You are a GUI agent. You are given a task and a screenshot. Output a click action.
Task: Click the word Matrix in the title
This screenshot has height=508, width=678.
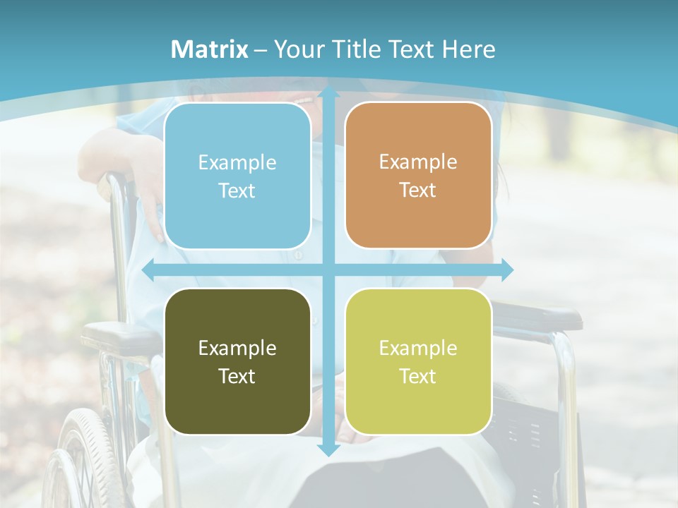tap(210, 49)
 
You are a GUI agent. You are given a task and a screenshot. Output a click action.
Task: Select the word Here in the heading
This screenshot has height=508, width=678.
tap(468, 49)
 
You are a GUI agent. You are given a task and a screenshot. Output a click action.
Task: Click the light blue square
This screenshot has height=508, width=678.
tap(237, 176)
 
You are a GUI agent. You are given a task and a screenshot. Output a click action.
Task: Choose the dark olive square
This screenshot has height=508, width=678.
tap(237, 361)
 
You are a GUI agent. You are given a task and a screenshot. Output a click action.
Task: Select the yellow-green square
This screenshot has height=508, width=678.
tap(418, 361)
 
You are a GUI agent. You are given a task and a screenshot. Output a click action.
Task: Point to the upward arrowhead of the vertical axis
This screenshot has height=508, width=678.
tap(328, 94)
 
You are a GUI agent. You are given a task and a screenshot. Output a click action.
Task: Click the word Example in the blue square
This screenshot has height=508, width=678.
tap(237, 162)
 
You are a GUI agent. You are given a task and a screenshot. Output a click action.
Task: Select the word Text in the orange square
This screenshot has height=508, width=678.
tap(418, 190)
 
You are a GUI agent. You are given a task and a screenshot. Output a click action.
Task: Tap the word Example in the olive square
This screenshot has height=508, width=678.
tap(237, 348)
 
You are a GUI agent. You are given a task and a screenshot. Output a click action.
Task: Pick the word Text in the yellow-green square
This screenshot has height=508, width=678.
tap(418, 376)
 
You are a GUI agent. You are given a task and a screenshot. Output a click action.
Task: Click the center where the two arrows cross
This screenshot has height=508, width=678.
tap(328, 270)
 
